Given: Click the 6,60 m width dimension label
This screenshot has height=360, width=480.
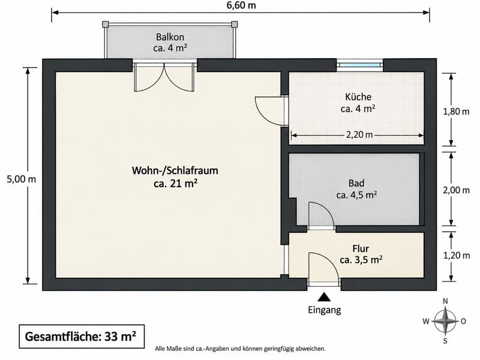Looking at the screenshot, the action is tap(241, 5).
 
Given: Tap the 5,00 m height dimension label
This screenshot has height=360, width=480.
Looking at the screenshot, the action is tap(22, 179).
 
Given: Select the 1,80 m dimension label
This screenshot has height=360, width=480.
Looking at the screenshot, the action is tap(456, 112).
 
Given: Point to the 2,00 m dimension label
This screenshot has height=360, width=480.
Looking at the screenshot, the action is tap(456, 190).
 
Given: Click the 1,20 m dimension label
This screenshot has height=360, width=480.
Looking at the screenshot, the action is tap(457, 256).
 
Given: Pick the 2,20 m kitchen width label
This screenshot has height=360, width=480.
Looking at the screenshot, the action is tap(359, 134).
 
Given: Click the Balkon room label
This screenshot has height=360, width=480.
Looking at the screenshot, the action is tap(170, 37).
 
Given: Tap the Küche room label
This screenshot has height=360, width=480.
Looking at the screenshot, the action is tap(358, 97).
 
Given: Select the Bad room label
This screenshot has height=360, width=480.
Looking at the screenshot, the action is tap(356, 183).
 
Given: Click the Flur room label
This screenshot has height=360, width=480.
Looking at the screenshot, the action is tap(361, 248).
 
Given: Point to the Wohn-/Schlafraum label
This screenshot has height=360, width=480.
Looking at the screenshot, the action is tap(175, 170).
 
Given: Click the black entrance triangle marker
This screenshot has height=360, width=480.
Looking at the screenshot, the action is tap(324, 297).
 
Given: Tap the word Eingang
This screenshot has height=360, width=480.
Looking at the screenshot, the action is tap(325, 310).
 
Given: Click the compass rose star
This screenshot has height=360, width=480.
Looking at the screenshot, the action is tap(445, 321).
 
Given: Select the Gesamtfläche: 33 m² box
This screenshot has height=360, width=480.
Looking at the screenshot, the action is tap(82, 337).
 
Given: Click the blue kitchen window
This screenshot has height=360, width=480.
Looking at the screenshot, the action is tap(359, 65).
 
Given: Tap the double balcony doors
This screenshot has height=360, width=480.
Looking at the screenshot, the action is tap(164, 77).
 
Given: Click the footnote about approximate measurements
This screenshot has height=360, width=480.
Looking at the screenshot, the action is tap(241, 349).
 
